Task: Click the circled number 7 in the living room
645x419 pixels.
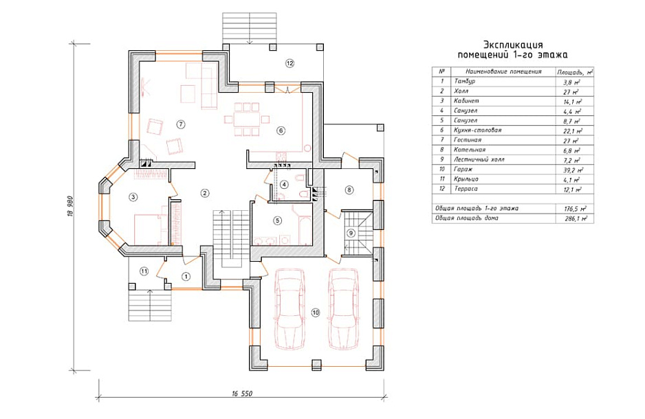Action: click(x=179, y=124)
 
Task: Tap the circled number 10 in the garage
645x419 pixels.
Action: click(x=315, y=313)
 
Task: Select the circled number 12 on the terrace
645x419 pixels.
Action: click(x=289, y=63)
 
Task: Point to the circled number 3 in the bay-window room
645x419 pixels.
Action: click(x=133, y=197)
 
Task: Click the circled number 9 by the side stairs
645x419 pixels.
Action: click(x=351, y=233)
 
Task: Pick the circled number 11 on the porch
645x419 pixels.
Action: click(x=144, y=271)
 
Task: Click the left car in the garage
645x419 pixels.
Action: click(x=289, y=309)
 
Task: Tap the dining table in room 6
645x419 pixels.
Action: click(x=246, y=119)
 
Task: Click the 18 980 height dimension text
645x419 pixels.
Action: click(x=70, y=206)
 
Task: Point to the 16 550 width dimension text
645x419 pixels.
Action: click(x=242, y=394)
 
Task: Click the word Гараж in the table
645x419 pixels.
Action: click(x=463, y=169)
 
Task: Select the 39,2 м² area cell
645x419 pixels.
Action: click(x=574, y=170)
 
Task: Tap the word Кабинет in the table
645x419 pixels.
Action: click(x=466, y=101)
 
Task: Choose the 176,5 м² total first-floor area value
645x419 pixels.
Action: click(x=576, y=209)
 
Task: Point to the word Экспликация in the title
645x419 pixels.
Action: click(x=513, y=45)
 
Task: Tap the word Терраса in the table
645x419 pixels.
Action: click(x=466, y=189)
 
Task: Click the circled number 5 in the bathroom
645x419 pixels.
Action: click(x=277, y=220)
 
